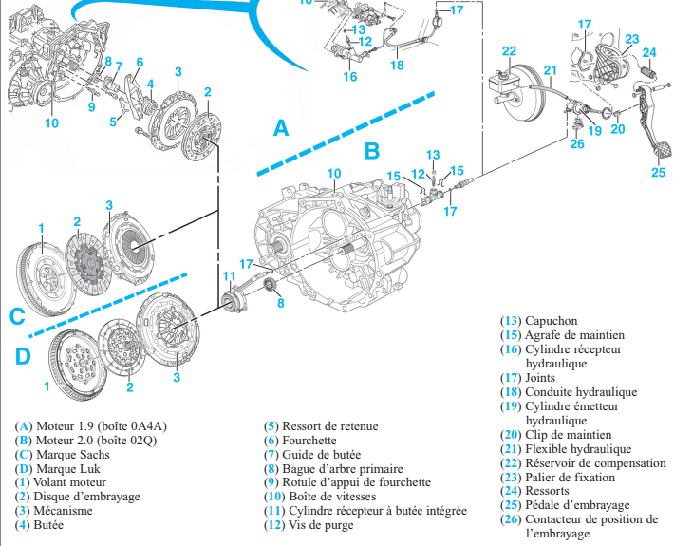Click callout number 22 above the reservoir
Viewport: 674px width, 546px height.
tap(509, 51)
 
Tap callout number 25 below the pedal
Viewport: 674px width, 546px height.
tap(658, 172)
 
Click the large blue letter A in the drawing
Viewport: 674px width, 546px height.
tap(281, 127)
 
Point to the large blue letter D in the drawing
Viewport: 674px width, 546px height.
tap(23, 356)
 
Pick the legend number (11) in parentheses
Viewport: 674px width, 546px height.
tap(274, 511)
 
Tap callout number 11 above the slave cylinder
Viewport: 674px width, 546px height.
tap(230, 275)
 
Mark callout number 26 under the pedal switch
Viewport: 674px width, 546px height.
tap(577, 143)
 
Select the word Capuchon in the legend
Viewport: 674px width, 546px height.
tap(552, 321)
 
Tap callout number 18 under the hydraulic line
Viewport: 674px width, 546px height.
tap(397, 65)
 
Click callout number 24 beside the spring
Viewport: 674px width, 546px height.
tap(649, 53)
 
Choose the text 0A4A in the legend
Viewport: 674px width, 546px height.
tap(148, 426)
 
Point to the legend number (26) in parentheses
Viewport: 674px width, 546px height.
tap(511, 519)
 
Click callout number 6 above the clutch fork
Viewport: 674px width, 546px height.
tap(140, 63)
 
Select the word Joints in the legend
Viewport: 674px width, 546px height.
tap(540, 378)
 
